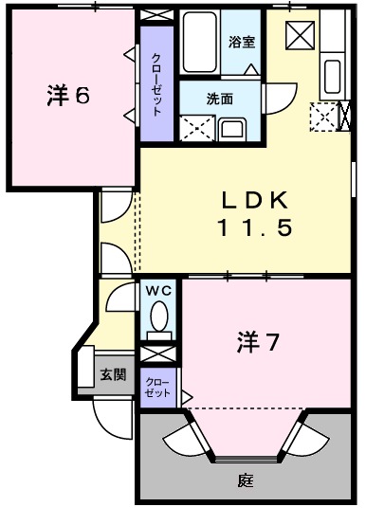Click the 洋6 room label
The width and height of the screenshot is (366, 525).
click(67, 95)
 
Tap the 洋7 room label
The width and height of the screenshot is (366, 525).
click(257, 343)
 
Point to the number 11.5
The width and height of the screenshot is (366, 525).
click(251, 227)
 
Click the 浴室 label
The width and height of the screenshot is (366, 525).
click(241, 42)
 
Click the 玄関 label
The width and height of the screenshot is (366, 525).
click(113, 374)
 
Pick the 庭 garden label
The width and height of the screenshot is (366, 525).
click(246, 480)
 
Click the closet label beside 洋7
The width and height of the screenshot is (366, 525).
click(155, 387)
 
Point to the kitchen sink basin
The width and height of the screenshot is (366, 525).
click(332, 74)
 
